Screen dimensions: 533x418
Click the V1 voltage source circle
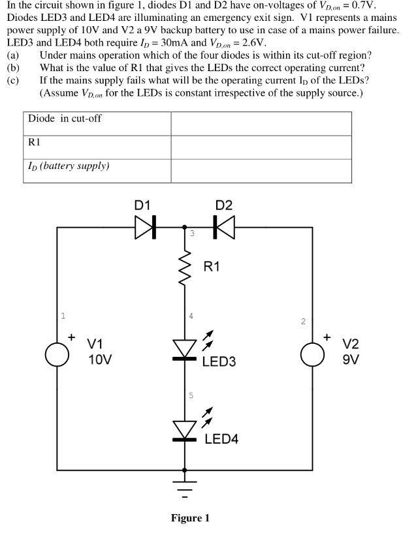(x=56, y=353)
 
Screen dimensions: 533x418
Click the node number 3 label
(x=191, y=233)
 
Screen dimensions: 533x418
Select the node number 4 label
(x=191, y=316)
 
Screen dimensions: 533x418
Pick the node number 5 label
(x=191, y=395)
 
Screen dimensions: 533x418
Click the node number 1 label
(x=63, y=316)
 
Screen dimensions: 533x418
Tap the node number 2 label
(x=303, y=321)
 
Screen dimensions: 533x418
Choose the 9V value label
(x=351, y=359)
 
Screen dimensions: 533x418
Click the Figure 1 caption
(x=190, y=518)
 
